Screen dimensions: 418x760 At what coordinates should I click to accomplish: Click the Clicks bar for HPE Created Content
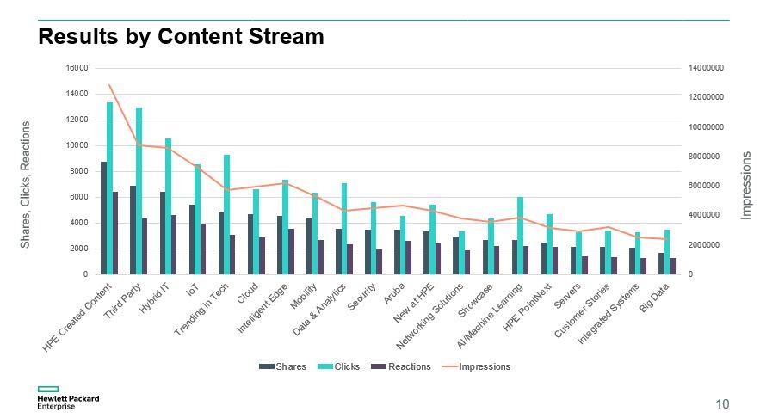[x=110, y=189]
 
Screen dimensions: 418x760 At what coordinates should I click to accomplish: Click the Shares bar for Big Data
[x=661, y=264]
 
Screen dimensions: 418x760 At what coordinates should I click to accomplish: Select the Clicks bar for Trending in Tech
[x=227, y=215]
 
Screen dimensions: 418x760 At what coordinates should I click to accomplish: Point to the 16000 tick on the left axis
[x=77, y=68]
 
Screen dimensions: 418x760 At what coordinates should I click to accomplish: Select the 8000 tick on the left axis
[x=80, y=171]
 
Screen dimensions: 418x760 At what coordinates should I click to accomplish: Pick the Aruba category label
[x=394, y=293]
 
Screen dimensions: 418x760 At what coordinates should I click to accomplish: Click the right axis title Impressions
[x=746, y=185]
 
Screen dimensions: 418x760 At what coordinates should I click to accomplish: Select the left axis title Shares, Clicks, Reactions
[x=25, y=185]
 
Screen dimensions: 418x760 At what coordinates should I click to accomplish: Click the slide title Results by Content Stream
[x=181, y=37]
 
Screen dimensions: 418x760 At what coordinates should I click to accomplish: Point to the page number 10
[x=722, y=403]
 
